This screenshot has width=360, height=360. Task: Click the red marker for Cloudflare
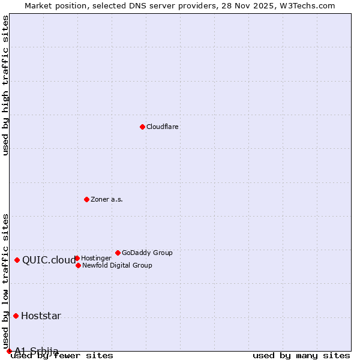point(142,127)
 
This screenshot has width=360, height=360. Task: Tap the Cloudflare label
point(163,127)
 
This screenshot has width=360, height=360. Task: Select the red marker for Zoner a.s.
point(86,199)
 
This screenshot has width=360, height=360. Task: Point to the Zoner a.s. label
point(107,200)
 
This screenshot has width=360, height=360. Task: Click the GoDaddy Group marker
point(118,253)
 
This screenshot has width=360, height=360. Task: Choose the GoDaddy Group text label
point(147,253)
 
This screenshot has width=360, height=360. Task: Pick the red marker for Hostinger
point(77,258)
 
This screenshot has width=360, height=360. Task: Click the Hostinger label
point(96,259)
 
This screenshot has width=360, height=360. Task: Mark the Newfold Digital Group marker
point(78,265)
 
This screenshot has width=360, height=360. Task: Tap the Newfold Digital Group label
point(117,266)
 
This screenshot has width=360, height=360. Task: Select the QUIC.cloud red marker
point(17,260)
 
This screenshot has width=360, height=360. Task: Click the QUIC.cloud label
point(49,260)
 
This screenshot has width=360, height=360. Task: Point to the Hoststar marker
point(16,316)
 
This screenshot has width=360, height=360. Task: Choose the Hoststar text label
point(41,316)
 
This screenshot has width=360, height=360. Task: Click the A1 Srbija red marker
point(9,351)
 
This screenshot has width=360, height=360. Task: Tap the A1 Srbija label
point(37,351)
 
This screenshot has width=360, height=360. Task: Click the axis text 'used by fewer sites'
point(62,356)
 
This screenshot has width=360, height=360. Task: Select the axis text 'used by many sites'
point(301,356)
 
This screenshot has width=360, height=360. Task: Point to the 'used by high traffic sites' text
point(6,85)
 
